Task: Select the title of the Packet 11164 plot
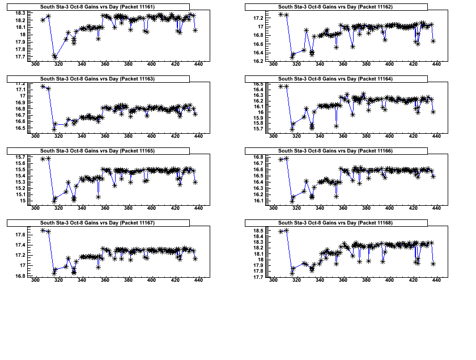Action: (335, 78)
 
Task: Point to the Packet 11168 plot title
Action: (335, 222)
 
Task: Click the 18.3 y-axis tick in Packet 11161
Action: (20, 13)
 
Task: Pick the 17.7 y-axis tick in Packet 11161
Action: (20, 57)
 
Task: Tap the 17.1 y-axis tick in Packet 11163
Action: (20, 90)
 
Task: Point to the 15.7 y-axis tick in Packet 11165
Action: (20, 157)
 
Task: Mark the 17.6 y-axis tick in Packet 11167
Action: (20, 235)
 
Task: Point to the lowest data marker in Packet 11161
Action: (55, 57)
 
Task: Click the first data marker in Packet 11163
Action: (43, 86)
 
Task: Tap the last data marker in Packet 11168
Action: (433, 264)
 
